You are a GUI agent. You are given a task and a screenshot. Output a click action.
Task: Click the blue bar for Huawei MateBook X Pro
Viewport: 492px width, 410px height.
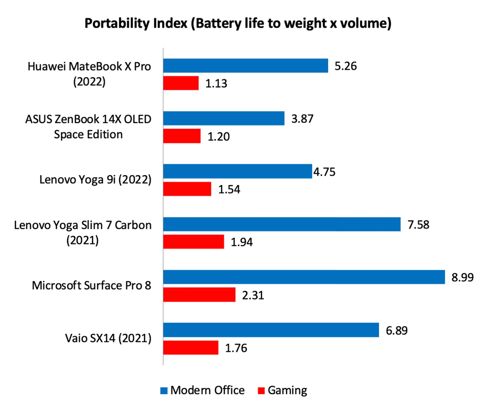click(x=245, y=66)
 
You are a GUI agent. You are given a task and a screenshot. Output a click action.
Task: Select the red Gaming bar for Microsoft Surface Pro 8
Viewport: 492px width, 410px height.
click(x=199, y=294)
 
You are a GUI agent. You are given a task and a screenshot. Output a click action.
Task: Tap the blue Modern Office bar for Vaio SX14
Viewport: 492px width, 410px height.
click(x=271, y=330)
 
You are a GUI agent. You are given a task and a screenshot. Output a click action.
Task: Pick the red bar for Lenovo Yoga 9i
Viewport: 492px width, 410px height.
click(x=187, y=189)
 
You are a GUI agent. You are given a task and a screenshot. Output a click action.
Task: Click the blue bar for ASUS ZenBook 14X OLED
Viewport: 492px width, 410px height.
click(x=224, y=118)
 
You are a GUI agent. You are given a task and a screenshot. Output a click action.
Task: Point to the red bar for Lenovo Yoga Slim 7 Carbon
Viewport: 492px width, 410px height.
click(x=193, y=242)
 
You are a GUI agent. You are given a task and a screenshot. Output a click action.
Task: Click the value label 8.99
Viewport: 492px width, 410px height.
click(x=462, y=277)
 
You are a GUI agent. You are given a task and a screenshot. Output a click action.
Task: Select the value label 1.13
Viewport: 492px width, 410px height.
click(x=216, y=84)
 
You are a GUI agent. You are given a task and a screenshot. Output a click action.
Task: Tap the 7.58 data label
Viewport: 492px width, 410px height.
click(x=418, y=225)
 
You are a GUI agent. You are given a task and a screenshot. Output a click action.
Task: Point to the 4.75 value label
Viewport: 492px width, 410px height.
click(x=324, y=172)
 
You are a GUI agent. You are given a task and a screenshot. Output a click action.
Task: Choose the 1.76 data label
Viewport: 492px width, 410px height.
click(x=236, y=348)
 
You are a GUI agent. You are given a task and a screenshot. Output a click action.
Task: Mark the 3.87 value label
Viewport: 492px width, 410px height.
click(x=302, y=119)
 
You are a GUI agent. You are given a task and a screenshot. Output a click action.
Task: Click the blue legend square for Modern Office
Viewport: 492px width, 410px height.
click(x=164, y=391)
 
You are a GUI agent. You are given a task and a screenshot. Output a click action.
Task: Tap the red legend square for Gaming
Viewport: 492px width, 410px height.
click(x=261, y=391)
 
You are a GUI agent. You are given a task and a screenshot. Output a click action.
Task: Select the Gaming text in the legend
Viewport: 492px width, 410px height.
click(x=287, y=391)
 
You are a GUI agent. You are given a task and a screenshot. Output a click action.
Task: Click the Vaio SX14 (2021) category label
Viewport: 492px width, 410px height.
click(x=108, y=338)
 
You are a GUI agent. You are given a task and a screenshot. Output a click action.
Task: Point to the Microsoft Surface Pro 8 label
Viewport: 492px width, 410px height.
click(x=91, y=285)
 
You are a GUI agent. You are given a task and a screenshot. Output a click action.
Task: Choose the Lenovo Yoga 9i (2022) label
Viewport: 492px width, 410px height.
click(x=95, y=180)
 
